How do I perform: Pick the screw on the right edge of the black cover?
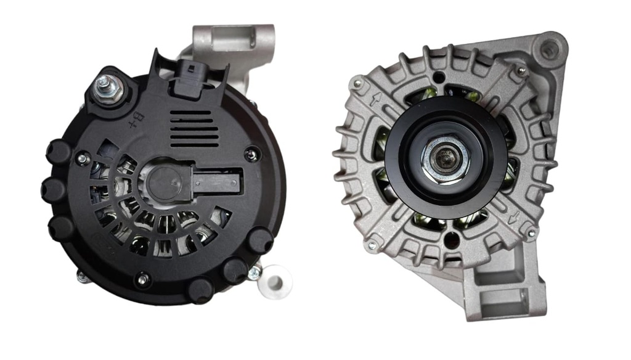coord(252,155)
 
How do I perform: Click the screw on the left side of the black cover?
coord(83,159)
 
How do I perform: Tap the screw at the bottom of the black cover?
coord(143,279)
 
